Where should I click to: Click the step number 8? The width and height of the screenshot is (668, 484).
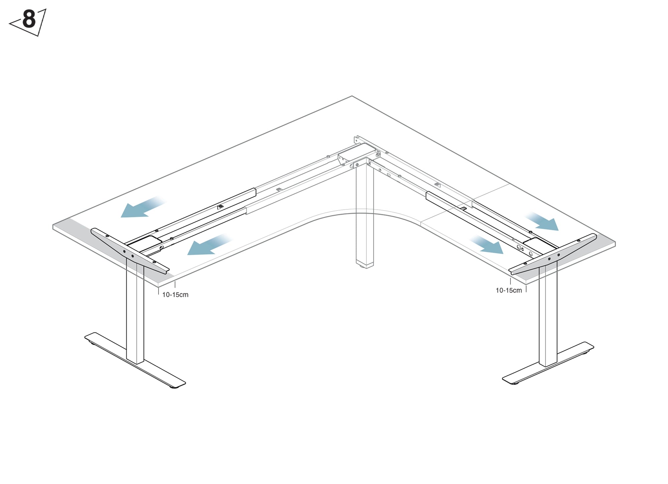pyautogui.click(x=29, y=19)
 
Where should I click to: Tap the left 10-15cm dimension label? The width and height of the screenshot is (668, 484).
pyautogui.click(x=175, y=295)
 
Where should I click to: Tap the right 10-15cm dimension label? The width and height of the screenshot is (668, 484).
pyautogui.click(x=509, y=290)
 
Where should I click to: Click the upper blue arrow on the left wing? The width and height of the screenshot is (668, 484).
pyautogui.click(x=143, y=207)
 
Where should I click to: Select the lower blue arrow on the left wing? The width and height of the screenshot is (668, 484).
pyautogui.click(x=209, y=245)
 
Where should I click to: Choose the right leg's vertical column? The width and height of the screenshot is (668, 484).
pyautogui.click(x=548, y=314)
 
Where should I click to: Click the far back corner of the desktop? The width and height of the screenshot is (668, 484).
pyautogui.click(x=352, y=96)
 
